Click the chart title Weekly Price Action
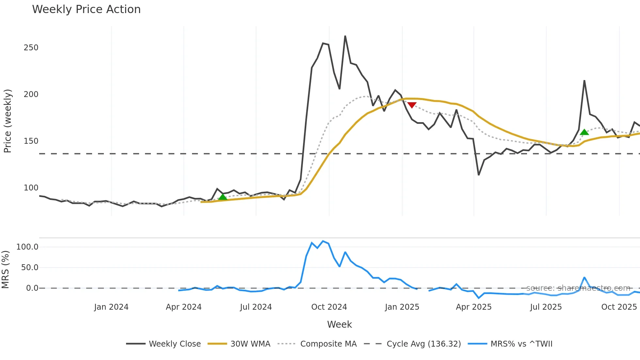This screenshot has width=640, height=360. pyautogui.click(x=86, y=9)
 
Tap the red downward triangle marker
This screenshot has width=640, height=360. pyautogui.click(x=412, y=105)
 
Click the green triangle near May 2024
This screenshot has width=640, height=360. pyautogui.click(x=223, y=197)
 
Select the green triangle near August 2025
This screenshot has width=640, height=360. pyautogui.click(x=584, y=132)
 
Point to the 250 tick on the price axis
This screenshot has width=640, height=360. pyautogui.click(x=31, y=48)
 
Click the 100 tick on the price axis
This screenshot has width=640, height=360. pyautogui.click(x=31, y=188)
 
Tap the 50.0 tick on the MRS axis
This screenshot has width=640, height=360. pyautogui.click(x=30, y=268)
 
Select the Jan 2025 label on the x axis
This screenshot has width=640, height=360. pyautogui.click(x=402, y=307)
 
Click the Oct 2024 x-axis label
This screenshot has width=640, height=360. pyautogui.click(x=329, y=307)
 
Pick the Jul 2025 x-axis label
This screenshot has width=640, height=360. pyautogui.click(x=546, y=307)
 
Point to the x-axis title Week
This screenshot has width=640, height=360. pyautogui.click(x=339, y=324)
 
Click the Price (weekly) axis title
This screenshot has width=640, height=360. pyautogui.click(x=8, y=121)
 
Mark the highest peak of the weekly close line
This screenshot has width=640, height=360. pyautogui.click(x=345, y=36)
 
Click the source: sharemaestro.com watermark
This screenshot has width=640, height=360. pyautogui.click(x=578, y=288)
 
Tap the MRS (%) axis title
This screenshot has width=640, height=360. pyautogui.click(x=5, y=270)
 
